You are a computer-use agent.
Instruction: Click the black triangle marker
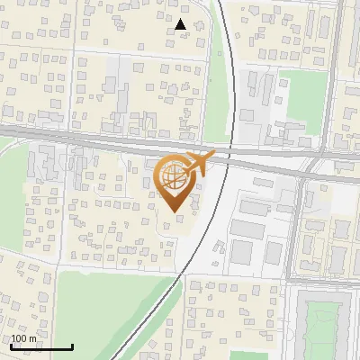click(x=181, y=24)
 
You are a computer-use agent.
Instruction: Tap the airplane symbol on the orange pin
click(x=197, y=163)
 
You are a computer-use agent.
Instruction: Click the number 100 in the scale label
click(x=20, y=338)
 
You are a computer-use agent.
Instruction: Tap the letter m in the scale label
click(x=33, y=338)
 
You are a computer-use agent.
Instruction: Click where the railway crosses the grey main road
click(x=233, y=150)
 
